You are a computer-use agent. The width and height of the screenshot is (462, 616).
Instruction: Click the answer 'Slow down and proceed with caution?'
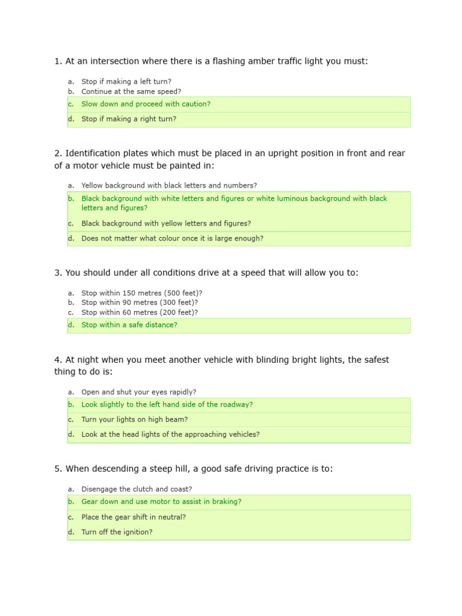pyautogui.click(x=146, y=104)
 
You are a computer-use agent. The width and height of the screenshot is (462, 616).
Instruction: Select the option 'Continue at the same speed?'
pyautogui.click(x=131, y=91)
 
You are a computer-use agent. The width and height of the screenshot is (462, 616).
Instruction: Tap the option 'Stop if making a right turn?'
pyautogui.click(x=129, y=119)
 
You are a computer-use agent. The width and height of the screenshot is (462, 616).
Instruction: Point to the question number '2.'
pyautogui.click(x=58, y=153)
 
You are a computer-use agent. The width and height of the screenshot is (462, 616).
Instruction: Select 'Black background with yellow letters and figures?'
pyautogui.click(x=166, y=223)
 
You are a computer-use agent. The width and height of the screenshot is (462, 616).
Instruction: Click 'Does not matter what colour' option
pyautogui.click(x=172, y=238)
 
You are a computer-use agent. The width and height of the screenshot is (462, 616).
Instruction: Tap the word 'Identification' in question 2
pyautogui.click(x=92, y=153)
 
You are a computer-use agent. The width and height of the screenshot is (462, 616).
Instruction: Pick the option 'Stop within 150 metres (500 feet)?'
pyautogui.click(x=142, y=293)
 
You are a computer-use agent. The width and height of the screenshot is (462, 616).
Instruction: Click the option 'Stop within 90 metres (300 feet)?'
pyautogui.click(x=140, y=303)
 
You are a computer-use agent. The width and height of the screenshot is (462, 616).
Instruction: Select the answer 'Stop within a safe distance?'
pyautogui.click(x=129, y=325)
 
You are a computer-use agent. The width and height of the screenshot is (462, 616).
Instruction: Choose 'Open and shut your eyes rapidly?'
pyautogui.click(x=138, y=392)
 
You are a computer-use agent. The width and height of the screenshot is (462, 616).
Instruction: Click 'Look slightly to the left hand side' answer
pyautogui.click(x=167, y=405)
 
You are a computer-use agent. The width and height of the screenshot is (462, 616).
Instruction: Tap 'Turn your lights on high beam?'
pyautogui.click(x=135, y=419)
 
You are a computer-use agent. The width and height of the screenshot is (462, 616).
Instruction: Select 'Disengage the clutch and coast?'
pyautogui.click(x=137, y=489)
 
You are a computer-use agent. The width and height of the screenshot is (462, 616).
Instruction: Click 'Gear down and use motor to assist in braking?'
pyautogui.click(x=161, y=502)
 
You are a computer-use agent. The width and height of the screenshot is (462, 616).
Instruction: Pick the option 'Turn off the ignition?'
pyautogui.click(x=117, y=532)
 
